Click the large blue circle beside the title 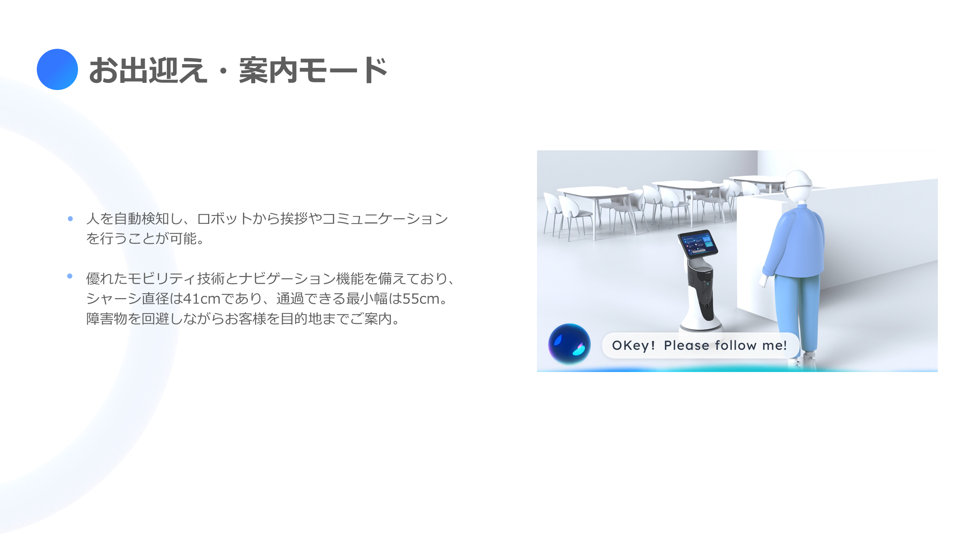coord(57,69)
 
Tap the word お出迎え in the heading coord(148,70)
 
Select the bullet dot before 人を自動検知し coord(70,219)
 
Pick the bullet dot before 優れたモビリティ coord(70,276)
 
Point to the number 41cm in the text coord(202,299)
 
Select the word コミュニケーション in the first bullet coord(385,219)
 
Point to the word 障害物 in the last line coord(107,319)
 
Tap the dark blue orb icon coord(569,344)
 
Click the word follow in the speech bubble coord(736,345)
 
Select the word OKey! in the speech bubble coord(634,345)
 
